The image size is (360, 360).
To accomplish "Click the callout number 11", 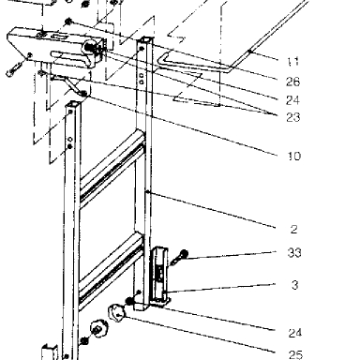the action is [x=293, y=61].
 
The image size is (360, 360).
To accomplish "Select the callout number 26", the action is [x=292, y=82].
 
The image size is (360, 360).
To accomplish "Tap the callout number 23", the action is [x=292, y=117].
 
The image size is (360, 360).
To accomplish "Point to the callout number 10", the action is [x=293, y=156].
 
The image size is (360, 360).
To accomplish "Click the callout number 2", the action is [x=293, y=230].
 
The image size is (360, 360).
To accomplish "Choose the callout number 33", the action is [x=294, y=252].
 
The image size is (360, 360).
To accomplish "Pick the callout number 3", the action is [x=294, y=285].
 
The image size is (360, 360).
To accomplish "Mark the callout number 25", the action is [x=295, y=355].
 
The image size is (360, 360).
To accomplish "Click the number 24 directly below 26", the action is [x=292, y=100].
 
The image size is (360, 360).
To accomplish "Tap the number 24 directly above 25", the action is [x=295, y=333].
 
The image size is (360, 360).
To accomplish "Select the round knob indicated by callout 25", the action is [x=116, y=313].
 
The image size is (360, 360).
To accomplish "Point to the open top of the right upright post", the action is [x=145, y=40].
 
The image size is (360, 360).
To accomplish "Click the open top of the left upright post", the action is [x=73, y=104].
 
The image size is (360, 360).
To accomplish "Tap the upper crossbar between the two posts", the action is [x=112, y=166].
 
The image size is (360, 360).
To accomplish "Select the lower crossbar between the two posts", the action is [x=112, y=270].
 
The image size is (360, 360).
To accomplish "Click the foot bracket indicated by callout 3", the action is [x=160, y=276].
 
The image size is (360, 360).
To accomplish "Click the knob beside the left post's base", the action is [x=99, y=329].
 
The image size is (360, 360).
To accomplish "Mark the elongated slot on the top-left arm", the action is [x=59, y=37].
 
